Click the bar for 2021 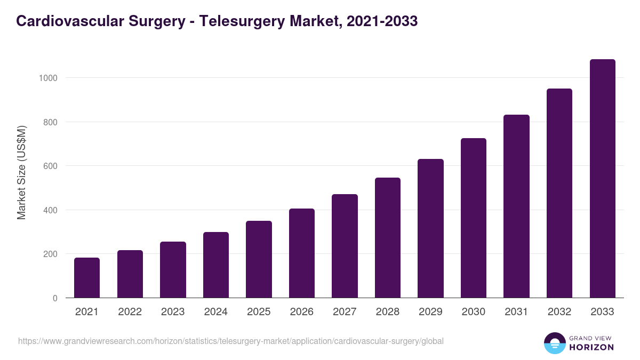pos(87,277)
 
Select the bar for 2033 pos(602,179)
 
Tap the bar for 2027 pos(345,246)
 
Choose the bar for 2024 pos(216,265)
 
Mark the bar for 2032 pos(559,193)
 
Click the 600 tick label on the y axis pos(50,166)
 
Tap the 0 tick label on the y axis pos(55,298)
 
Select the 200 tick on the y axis pos(50,254)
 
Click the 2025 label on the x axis pos(259,312)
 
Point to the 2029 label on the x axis pos(430,312)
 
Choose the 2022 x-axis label pos(130,312)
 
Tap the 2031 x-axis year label pos(516,312)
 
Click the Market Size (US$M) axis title pos(21,173)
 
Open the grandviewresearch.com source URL pos(230,341)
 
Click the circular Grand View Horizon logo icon pos(555,343)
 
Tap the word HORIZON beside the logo pos(591,347)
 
